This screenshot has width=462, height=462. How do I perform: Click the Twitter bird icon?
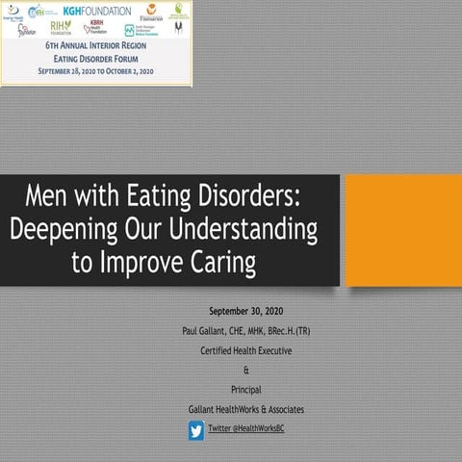pyautogui.click(x=196, y=430)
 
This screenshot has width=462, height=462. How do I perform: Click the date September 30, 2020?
pyautogui.click(x=246, y=313)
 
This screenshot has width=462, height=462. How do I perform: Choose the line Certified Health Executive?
pyautogui.click(x=246, y=350)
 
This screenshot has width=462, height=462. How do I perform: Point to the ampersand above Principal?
pyautogui.click(x=246, y=370)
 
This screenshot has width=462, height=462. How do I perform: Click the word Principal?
pyautogui.click(x=246, y=389)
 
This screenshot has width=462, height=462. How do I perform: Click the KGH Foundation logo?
pyautogui.click(x=100, y=12)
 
